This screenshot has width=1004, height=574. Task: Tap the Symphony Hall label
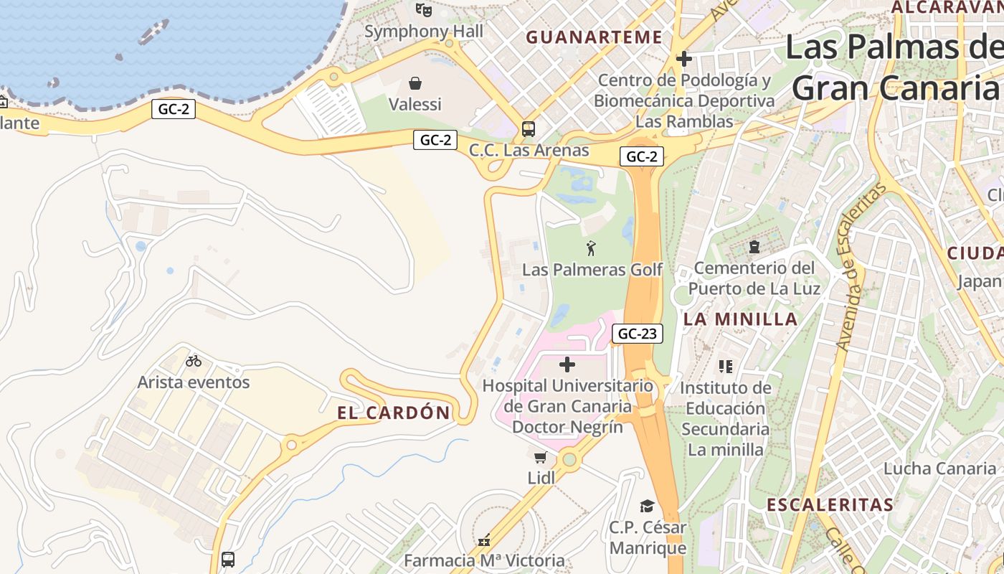424,31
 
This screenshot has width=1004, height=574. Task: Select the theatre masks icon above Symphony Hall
424,10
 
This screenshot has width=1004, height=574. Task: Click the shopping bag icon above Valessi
415,84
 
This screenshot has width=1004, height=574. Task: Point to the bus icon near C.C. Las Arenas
529,129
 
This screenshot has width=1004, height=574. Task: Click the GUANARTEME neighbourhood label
595,37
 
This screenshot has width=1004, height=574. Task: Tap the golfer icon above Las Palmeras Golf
591,248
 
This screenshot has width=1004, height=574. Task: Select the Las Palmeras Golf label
592,270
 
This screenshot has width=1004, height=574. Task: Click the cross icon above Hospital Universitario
567,364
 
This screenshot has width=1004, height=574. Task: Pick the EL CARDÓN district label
394,413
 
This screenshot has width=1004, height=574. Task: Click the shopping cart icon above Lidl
541,457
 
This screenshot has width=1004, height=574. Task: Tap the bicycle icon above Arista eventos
194,361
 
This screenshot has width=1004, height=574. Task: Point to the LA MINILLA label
741,319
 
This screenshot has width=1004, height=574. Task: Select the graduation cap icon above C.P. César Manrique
648,507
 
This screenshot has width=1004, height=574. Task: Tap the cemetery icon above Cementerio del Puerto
754,247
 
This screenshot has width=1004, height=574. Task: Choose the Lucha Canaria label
939,469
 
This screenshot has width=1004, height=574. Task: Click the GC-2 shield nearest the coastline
174,109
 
